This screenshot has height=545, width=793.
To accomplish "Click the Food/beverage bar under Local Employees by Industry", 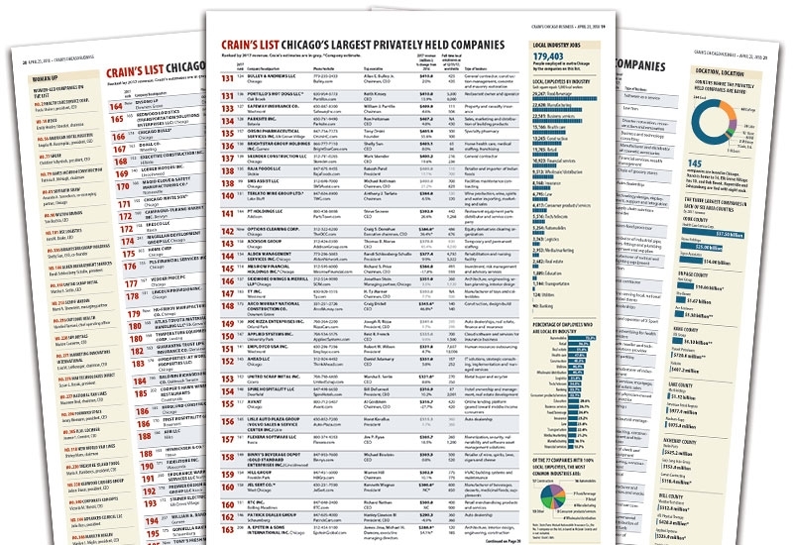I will pyautogui.click(x=575, y=124).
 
